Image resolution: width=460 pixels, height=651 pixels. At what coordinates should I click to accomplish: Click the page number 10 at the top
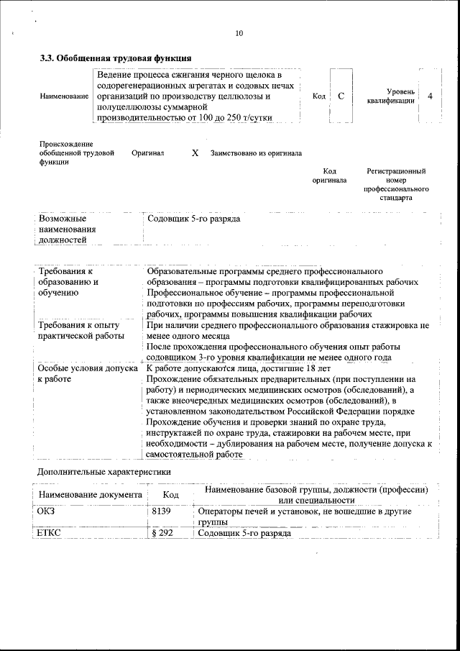239,33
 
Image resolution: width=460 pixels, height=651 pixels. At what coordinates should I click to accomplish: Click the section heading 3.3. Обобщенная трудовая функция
115,58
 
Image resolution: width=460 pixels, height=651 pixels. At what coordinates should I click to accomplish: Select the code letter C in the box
341,96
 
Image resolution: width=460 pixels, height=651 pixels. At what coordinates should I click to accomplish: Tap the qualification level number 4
429,96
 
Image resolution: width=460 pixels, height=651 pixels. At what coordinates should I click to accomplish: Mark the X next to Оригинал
195,152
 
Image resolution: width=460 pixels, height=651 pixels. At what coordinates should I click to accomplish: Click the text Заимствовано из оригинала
256,153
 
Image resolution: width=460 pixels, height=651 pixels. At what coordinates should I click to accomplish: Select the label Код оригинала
329,176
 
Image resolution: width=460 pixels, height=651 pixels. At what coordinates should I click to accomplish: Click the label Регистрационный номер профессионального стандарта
396,184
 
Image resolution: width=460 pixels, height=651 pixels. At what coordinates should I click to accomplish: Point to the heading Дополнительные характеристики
104,472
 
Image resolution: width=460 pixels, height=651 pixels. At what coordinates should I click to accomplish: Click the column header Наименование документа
90,495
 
